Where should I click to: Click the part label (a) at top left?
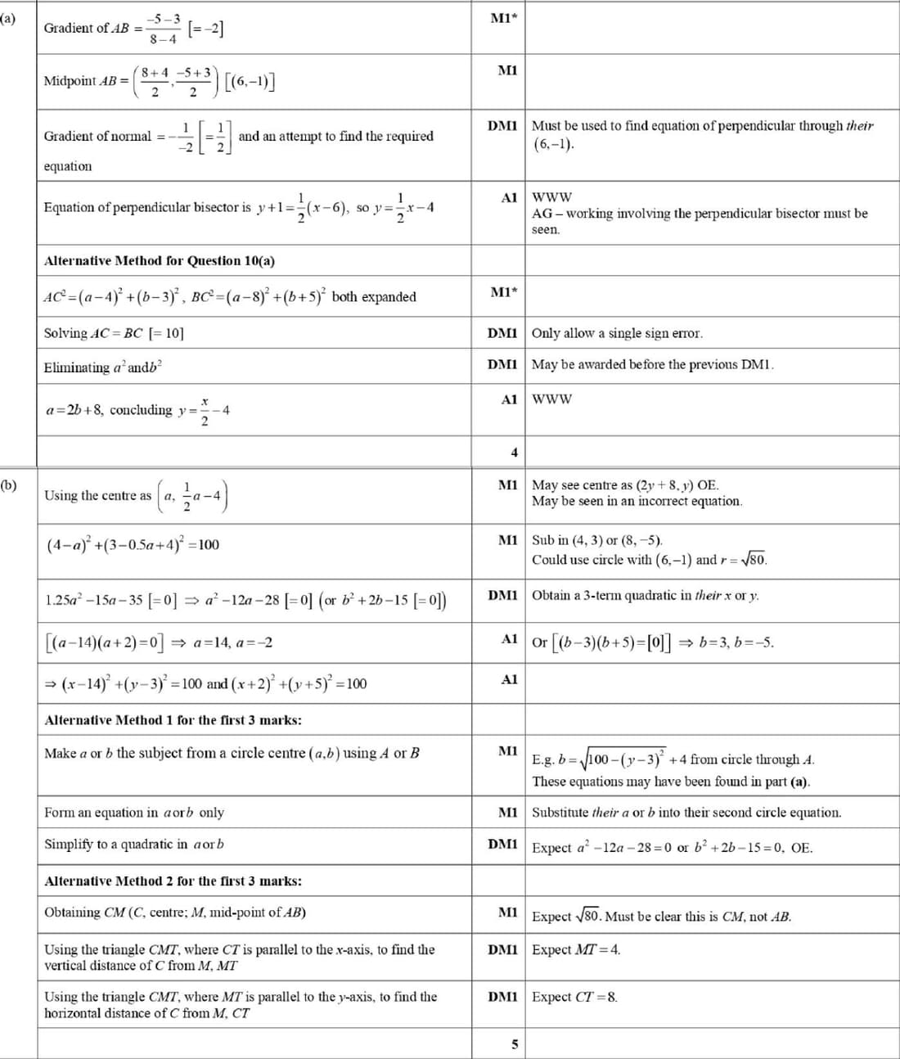(x=7, y=17)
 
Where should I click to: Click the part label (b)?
(x=8, y=484)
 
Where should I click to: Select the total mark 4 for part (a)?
(x=514, y=453)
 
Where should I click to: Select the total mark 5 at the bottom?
(x=514, y=1043)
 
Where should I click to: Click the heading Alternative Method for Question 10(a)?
(x=160, y=261)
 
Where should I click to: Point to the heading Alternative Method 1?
(x=173, y=720)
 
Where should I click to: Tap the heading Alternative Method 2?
(x=173, y=881)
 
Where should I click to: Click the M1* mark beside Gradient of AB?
(x=504, y=18)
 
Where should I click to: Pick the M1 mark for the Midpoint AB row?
(x=507, y=71)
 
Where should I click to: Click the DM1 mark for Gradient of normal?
(x=502, y=126)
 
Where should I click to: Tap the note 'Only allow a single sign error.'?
(x=617, y=333)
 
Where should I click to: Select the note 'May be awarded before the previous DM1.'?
(x=652, y=364)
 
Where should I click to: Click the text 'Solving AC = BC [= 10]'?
(x=114, y=333)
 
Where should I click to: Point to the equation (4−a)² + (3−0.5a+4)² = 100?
(x=133, y=545)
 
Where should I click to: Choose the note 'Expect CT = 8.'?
(x=574, y=997)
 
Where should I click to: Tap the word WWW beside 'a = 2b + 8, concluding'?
(x=551, y=399)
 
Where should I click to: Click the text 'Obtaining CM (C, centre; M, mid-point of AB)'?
(x=175, y=913)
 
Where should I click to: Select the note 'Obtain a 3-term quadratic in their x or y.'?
(x=645, y=596)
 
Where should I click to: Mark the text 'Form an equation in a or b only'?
(x=134, y=813)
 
